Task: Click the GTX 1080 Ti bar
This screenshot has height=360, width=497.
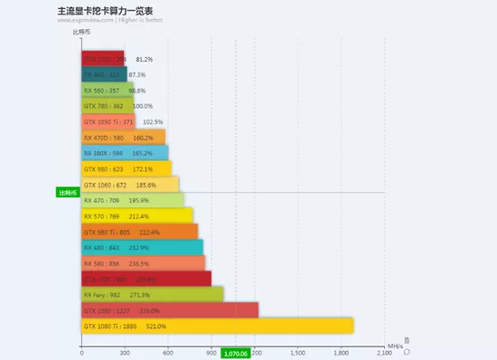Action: click(x=217, y=326)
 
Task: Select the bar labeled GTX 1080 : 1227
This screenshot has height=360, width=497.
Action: click(x=170, y=310)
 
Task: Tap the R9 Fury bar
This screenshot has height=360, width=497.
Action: click(x=152, y=294)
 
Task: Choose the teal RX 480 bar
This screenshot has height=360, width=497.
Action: click(x=142, y=247)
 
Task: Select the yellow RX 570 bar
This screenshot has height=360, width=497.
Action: click(x=137, y=216)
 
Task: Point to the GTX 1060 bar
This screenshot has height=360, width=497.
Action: click(x=130, y=185)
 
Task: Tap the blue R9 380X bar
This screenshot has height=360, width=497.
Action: click(x=125, y=153)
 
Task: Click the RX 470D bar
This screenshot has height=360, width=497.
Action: click(x=123, y=137)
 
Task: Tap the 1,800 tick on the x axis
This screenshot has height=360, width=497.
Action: click(x=341, y=352)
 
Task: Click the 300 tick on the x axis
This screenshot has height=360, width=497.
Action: click(x=125, y=352)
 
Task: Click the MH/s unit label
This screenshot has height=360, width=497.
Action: click(x=395, y=346)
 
